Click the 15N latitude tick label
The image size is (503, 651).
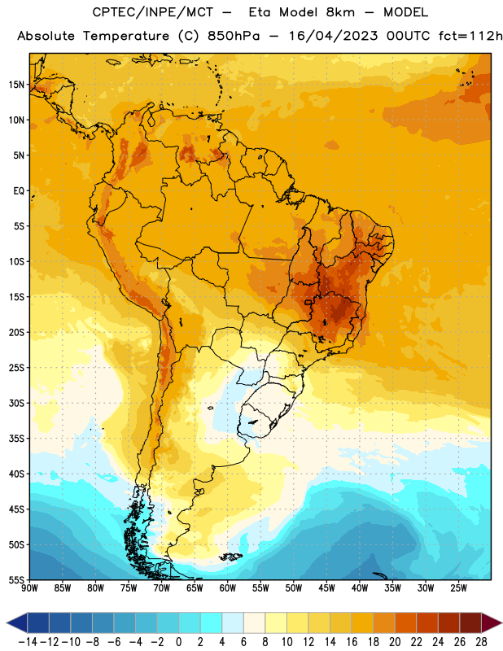(16, 85)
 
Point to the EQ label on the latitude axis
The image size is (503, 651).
(19, 191)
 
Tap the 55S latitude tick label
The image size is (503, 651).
(16, 579)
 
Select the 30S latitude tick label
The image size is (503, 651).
(16, 403)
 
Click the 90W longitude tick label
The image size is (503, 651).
(29, 588)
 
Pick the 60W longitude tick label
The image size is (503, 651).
(228, 588)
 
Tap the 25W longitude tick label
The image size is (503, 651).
(458, 588)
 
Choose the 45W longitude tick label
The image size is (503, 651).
(326, 588)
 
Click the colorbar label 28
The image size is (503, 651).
(481, 642)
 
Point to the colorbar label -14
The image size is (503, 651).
(28, 642)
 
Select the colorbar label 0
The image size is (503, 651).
(178, 642)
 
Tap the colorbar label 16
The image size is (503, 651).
(352, 642)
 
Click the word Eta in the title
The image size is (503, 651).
(260, 12)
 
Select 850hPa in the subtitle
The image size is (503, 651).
(234, 36)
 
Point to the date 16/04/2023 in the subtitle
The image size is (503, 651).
(334, 36)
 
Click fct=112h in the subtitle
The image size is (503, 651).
(470, 36)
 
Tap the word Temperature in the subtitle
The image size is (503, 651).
(126, 37)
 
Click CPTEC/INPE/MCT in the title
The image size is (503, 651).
(152, 12)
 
